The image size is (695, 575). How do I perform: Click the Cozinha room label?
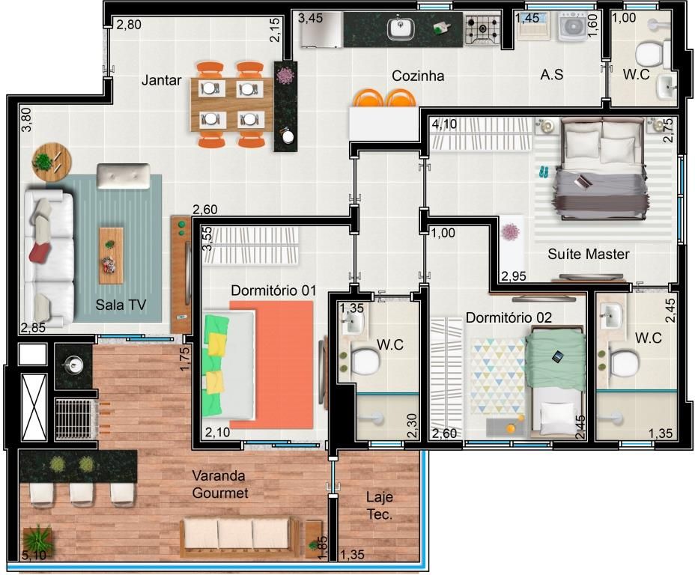click(418, 76)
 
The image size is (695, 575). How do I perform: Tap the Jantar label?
click(161, 80)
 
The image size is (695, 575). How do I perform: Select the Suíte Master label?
click(588, 254)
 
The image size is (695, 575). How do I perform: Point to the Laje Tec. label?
click(380, 505)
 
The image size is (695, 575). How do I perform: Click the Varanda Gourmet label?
click(220, 484)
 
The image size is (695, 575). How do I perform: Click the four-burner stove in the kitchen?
click(483, 28)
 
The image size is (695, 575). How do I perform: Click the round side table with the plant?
click(52, 162)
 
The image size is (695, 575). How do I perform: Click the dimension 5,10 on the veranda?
click(34, 554)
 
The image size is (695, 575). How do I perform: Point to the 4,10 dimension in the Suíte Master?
click(444, 124)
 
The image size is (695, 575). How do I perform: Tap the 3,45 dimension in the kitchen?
click(310, 18)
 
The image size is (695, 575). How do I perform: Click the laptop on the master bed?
click(583, 180)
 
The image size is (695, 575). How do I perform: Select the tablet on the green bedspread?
click(558, 356)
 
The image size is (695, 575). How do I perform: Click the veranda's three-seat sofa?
click(240, 537)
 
